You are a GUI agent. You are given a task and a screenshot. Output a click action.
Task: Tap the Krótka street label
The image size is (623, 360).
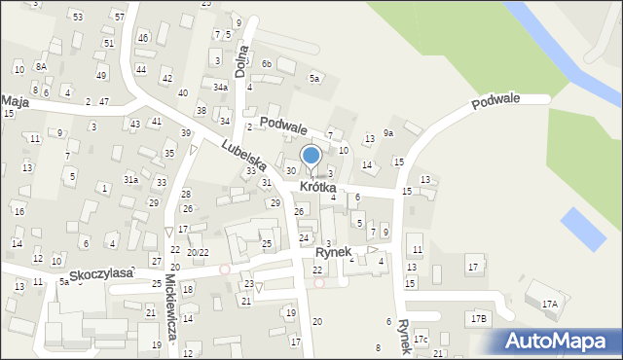pyautogui.click(x=318, y=186)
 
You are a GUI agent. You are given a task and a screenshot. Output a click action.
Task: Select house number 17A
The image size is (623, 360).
pyautogui.click(x=550, y=304)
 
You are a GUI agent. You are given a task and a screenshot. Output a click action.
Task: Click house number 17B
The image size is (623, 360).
pyautogui.click(x=477, y=318)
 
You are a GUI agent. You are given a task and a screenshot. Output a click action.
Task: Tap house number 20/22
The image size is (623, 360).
pyautogui.click(x=198, y=252)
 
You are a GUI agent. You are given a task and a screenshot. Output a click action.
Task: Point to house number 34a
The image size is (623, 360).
pyautogui.click(x=221, y=88)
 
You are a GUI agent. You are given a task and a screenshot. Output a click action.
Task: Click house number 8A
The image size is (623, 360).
pyautogui.click(x=41, y=65)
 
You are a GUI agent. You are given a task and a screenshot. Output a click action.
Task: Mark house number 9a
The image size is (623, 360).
pyautogui.click(x=387, y=132)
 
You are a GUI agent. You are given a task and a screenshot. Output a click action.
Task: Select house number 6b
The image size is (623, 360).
pyautogui.click(x=266, y=63)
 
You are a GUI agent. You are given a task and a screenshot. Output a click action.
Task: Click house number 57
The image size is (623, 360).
pyautogui.click(x=119, y=17)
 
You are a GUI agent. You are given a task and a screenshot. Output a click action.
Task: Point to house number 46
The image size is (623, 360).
pyautogui.click(x=143, y=37)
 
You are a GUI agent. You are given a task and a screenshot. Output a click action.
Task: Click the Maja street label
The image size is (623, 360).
pyautogui.click(x=14, y=99)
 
